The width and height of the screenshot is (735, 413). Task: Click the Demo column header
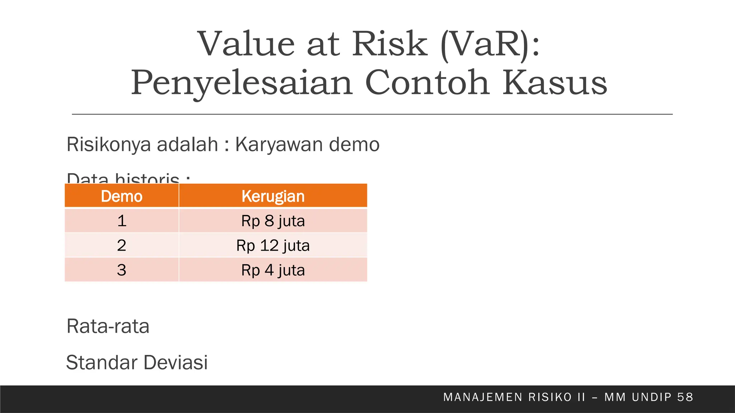click(x=122, y=196)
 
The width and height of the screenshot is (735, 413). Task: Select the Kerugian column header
click(x=273, y=196)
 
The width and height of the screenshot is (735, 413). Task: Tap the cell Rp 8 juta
click(x=273, y=221)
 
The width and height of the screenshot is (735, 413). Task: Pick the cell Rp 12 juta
click(x=273, y=246)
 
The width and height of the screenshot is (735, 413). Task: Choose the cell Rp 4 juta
click(x=273, y=270)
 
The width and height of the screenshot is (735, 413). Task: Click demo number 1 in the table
click(x=122, y=221)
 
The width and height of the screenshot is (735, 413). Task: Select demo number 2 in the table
click(x=122, y=246)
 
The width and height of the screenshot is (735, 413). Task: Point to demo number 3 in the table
click(x=122, y=270)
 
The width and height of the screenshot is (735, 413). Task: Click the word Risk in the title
click(x=390, y=44)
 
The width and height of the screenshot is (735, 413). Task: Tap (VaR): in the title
click(x=490, y=45)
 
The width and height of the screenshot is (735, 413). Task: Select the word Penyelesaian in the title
click(x=242, y=83)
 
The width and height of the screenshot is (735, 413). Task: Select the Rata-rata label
click(x=108, y=326)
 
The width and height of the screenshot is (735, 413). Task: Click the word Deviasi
click(x=176, y=362)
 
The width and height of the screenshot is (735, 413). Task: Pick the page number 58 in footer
click(x=685, y=397)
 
